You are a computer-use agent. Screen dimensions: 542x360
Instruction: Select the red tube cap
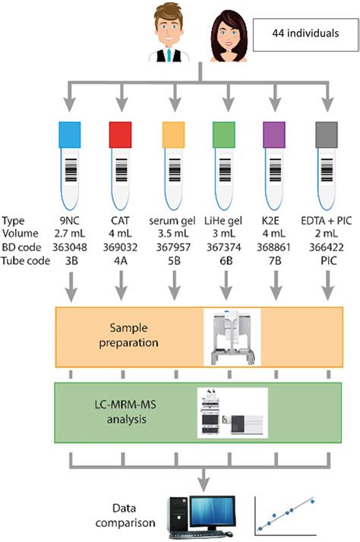pyautogui.click(x=122, y=135)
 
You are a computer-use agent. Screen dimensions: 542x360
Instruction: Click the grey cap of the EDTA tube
pyautogui.click(x=328, y=135)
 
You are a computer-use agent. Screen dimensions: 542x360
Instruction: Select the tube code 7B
pyautogui.click(x=276, y=263)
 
